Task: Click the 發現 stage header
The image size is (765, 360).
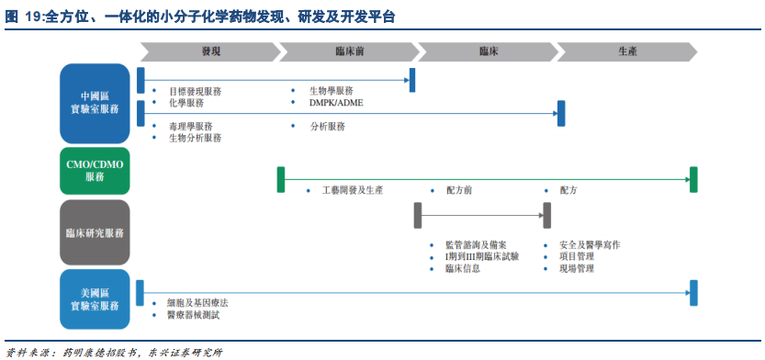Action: point(210,51)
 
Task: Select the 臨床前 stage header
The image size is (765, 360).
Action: point(349,51)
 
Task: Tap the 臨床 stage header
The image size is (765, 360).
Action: point(488,51)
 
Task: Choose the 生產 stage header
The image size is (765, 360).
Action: point(627,51)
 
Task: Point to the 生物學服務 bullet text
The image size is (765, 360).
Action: point(331,91)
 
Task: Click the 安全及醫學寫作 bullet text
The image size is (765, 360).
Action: point(589,245)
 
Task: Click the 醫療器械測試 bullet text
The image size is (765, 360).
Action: point(193,315)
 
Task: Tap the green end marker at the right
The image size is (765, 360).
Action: point(694,179)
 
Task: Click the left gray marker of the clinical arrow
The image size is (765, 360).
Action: point(418,215)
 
